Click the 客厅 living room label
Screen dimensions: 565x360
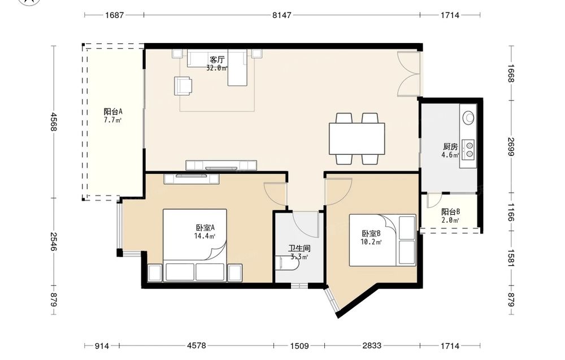point(217,59)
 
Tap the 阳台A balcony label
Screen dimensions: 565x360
point(113,111)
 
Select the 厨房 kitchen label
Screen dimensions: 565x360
point(450,147)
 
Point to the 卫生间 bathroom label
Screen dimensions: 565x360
point(299,248)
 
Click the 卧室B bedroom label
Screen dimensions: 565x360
point(371,233)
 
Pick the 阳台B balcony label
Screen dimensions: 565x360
point(450,212)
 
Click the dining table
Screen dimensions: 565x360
point(357,138)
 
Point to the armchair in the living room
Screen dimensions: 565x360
point(183,86)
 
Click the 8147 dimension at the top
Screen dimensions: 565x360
point(282,15)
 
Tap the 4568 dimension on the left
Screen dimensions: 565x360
point(54,122)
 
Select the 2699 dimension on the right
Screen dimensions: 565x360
point(511,147)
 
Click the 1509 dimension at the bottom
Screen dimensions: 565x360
point(299,346)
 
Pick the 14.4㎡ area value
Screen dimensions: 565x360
point(205,236)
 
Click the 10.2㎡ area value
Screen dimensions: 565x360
point(371,242)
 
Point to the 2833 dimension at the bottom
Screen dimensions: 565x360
point(372,346)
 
